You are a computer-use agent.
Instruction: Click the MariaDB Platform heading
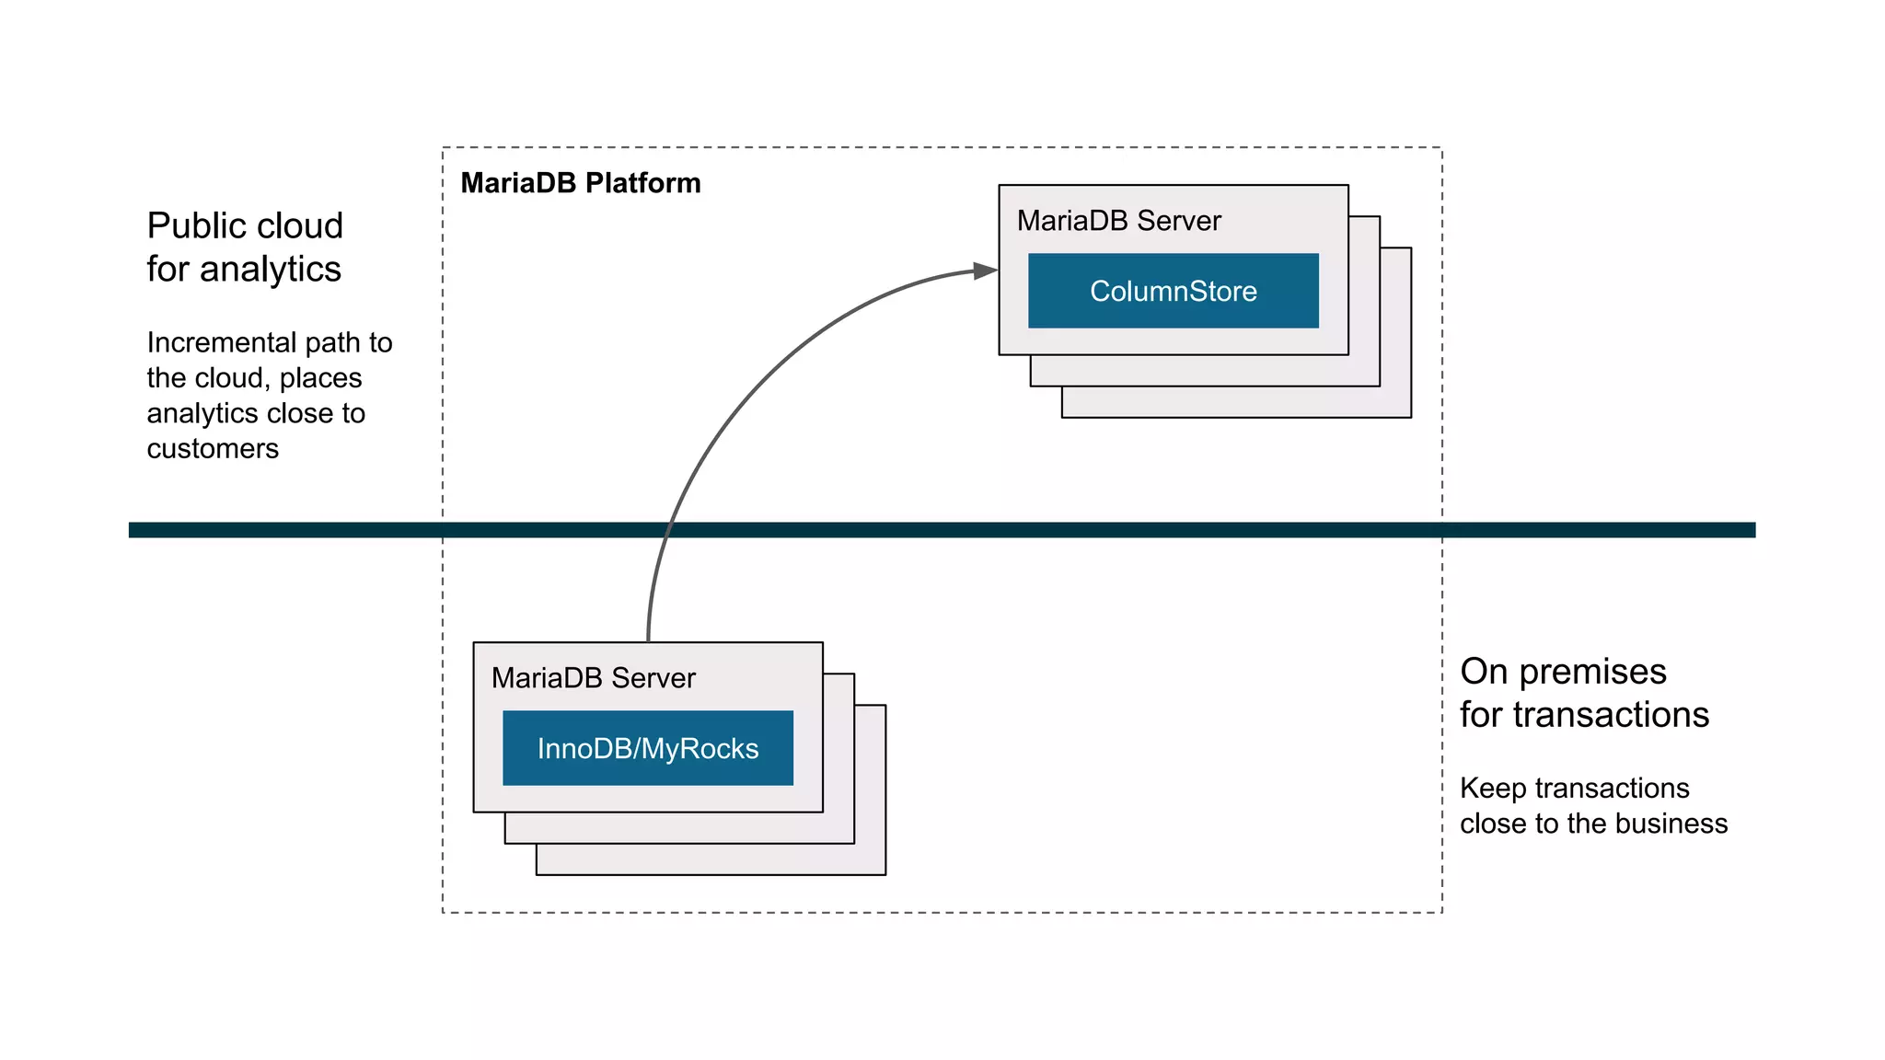click(580, 183)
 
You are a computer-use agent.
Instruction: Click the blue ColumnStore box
click(1173, 291)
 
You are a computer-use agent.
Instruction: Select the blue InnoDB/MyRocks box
click(647, 748)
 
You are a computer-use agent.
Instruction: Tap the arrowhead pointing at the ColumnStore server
click(986, 271)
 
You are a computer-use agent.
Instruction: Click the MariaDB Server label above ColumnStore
click(1118, 221)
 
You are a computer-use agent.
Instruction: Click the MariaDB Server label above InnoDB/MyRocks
click(593, 678)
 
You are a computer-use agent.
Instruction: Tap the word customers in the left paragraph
click(213, 449)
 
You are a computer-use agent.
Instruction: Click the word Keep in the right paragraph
click(1492, 789)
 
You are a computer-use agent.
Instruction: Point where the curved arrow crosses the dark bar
click(667, 530)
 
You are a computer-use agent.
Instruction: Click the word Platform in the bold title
click(642, 183)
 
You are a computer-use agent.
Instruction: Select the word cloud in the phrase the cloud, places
click(231, 378)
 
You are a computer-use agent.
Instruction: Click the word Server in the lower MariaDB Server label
click(653, 678)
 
